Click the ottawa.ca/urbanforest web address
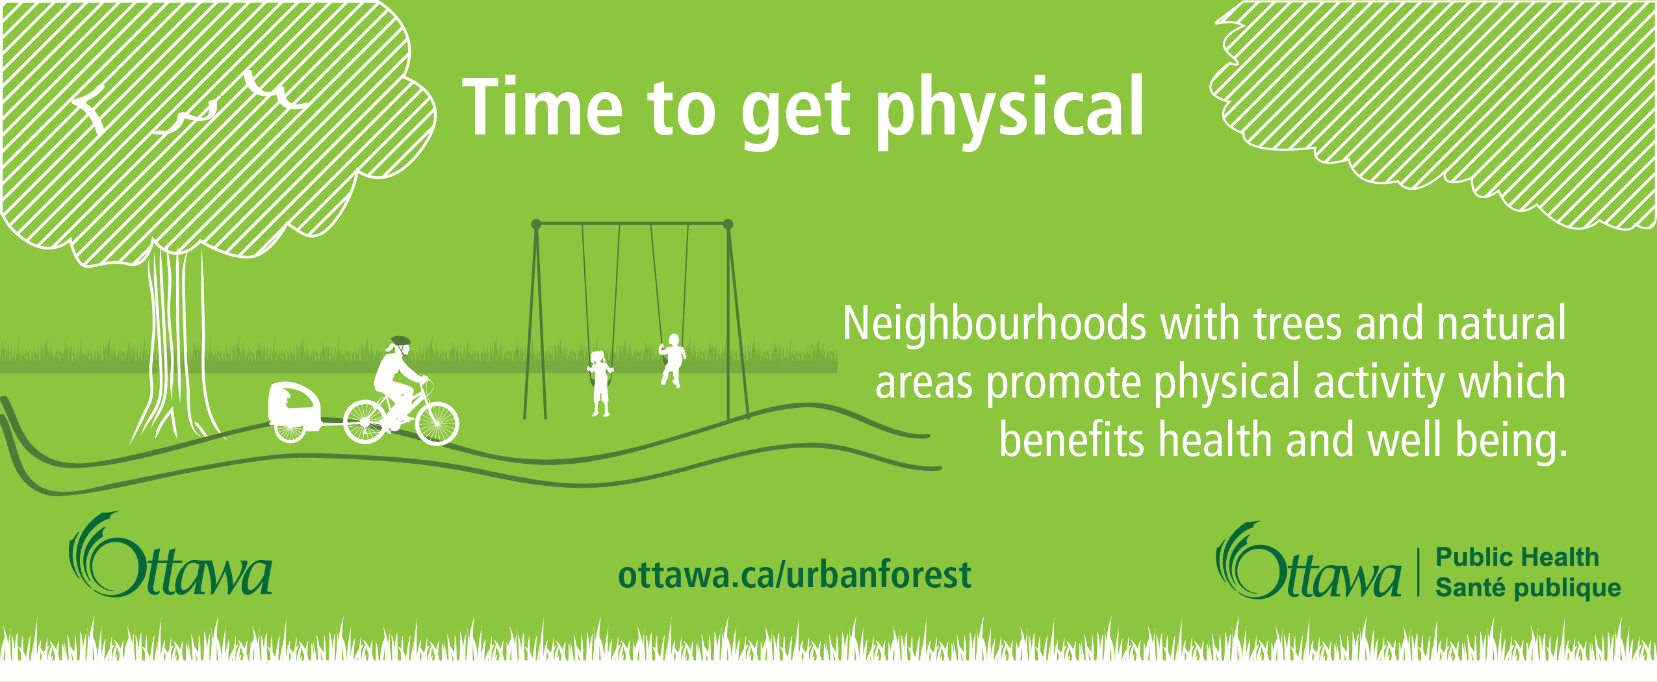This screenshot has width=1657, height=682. [795, 574]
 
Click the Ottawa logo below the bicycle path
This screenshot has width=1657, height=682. [170, 555]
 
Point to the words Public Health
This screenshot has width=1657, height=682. [1517, 557]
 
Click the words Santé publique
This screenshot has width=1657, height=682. [1528, 588]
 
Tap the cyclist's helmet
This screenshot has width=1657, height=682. [401, 340]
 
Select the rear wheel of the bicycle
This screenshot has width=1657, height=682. [365, 422]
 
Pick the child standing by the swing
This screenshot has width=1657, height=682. [600, 383]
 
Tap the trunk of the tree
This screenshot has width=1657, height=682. [175, 344]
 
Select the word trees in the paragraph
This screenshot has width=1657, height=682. [1297, 323]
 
